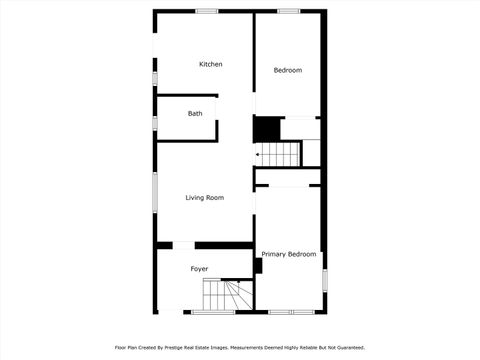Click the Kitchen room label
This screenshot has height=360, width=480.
210,64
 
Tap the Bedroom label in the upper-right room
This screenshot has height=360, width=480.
288,70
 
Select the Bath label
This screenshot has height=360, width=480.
195,113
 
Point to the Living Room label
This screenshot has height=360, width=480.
204,198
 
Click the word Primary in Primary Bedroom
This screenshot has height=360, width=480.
273,255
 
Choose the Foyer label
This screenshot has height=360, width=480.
199,269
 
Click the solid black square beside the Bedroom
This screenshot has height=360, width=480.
266,130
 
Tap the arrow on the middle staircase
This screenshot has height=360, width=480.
260,155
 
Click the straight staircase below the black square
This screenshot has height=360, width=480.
280,154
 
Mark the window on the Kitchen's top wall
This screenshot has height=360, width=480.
207,11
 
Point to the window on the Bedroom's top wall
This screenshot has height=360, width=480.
289,11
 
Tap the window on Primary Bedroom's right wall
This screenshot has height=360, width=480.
324,279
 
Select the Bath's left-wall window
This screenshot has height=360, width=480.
154,121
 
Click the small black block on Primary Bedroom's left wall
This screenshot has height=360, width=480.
258,266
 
